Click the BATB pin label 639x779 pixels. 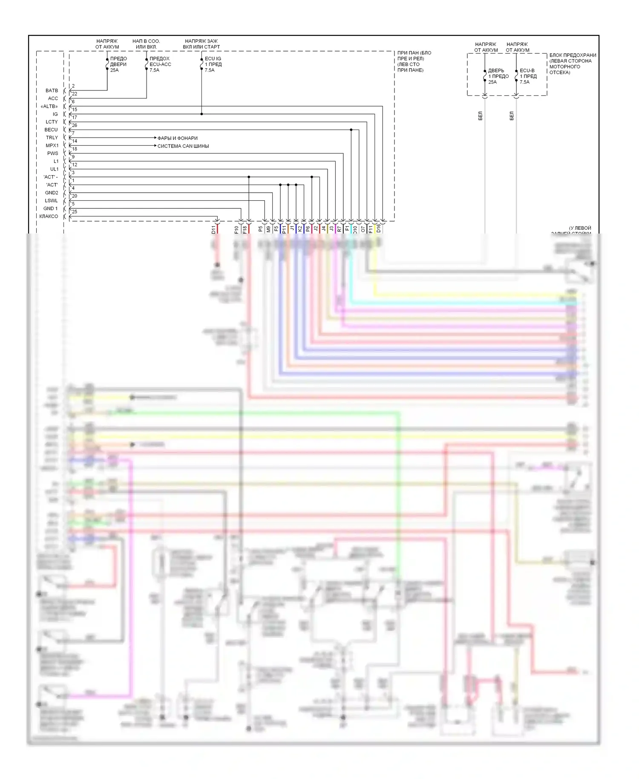[x=52, y=91]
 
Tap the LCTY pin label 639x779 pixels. [x=52, y=122]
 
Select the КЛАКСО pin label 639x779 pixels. [x=49, y=216]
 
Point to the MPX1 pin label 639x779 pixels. [x=52, y=146]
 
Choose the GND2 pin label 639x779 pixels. [x=52, y=193]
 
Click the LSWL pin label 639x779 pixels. [x=51, y=201]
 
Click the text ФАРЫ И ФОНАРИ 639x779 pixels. [x=177, y=138]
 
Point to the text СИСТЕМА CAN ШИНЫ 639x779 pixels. [x=183, y=146]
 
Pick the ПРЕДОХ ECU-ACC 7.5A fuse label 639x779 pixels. [x=160, y=64]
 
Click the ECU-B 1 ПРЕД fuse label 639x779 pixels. [x=528, y=76]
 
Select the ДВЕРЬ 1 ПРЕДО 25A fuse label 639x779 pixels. [x=498, y=76]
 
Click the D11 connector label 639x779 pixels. [x=214, y=230]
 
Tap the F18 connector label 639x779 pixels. [x=245, y=230]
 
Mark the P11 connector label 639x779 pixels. [x=284, y=230]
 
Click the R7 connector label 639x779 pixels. [x=340, y=229]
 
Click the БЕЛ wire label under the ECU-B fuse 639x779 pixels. [x=512, y=116]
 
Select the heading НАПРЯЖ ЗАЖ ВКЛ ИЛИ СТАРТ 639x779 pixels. [x=201, y=44]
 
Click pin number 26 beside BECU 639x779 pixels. [x=75, y=125]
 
